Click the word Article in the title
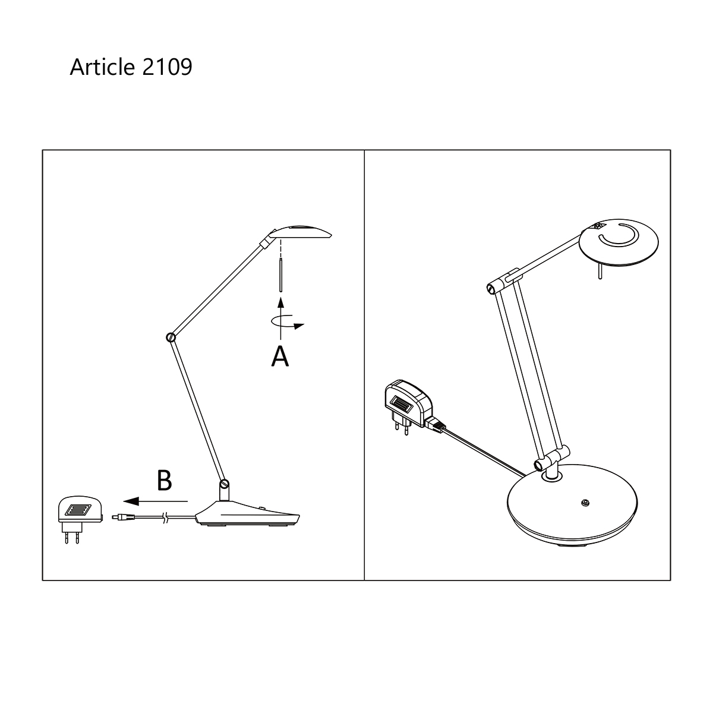click(x=102, y=67)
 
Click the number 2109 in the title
click(x=167, y=67)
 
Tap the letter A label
click(x=280, y=356)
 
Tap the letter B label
click(x=164, y=480)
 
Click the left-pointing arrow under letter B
click(x=156, y=501)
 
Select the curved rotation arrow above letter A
click(x=287, y=321)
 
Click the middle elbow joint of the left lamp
click(x=171, y=337)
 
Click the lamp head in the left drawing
click(x=299, y=232)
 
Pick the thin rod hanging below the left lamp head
click(x=281, y=276)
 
